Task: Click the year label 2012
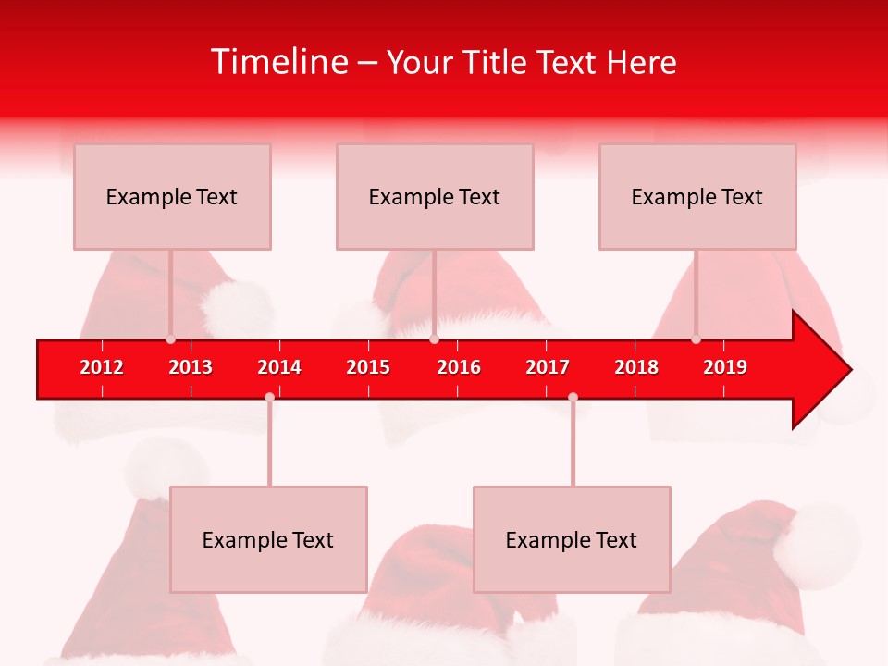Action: coord(102,367)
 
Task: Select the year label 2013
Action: coord(191,367)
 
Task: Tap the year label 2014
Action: coord(279,367)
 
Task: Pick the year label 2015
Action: coord(368,367)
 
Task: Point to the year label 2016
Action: coord(459,367)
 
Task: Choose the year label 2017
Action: coord(548,367)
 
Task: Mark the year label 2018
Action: coord(636,367)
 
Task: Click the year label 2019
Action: coord(725,367)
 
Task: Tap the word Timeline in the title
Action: coord(278,62)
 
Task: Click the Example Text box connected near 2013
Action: coord(172,197)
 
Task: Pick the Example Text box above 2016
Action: coord(435,197)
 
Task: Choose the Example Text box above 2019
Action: coord(697,197)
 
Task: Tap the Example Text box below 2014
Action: coord(268,540)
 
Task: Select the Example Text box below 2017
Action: coord(572,540)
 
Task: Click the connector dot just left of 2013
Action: coord(170,339)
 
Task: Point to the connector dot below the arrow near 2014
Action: coord(269,398)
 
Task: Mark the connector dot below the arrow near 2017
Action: coord(573,398)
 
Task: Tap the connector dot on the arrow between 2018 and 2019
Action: coord(696,339)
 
